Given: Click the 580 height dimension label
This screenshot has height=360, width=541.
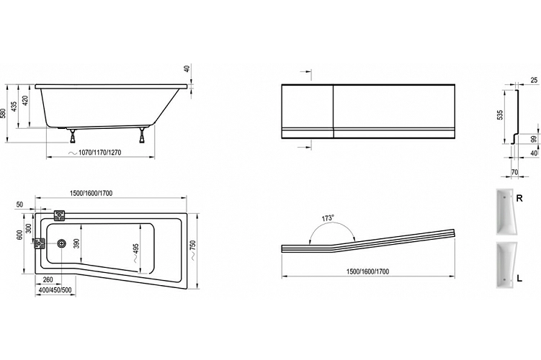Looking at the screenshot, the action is pos(4,114).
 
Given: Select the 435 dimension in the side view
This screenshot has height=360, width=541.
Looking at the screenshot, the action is pos(14,107).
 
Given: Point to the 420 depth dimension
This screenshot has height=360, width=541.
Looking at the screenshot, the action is pos(25,102).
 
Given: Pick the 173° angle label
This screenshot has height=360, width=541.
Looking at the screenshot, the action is pos(328,218).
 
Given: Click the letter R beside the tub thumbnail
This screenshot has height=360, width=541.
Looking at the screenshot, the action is pos(519,198).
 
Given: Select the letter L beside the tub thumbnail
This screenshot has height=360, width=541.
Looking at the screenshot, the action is pos(519,278).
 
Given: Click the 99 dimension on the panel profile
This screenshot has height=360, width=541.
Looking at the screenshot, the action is pos(534,139).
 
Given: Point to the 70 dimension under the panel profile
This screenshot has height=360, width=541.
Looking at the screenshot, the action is pos(514,172).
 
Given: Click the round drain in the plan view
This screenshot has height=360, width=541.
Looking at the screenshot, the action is pos(62,243).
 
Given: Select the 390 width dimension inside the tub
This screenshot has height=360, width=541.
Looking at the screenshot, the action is pos(77,244).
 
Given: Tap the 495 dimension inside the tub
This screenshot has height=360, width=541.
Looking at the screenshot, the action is pos(135,250).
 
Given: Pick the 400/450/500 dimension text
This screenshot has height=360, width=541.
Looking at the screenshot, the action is pos(55,290).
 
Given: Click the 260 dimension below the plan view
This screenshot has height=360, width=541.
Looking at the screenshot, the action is pos(48,279).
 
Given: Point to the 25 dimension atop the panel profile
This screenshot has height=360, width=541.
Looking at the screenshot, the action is pos(534,80).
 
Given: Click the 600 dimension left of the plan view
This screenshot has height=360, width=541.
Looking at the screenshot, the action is pos(19,235).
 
